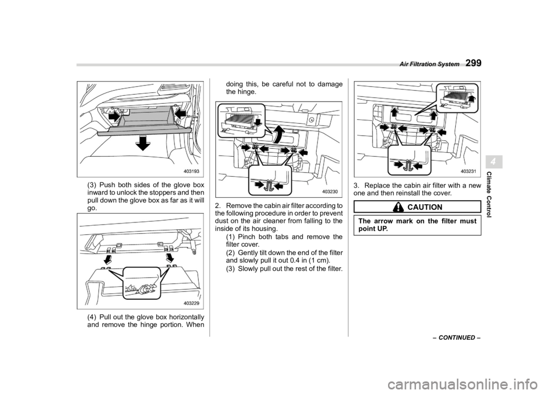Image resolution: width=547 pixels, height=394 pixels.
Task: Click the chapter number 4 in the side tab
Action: click(x=495, y=163)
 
